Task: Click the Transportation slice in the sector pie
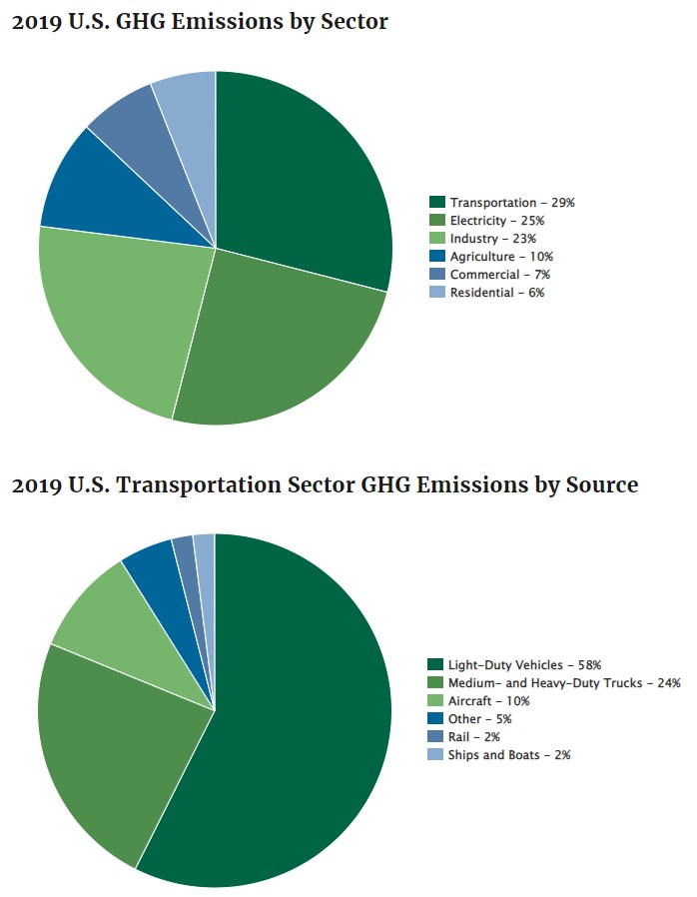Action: [x=300, y=180]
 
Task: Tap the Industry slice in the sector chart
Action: [x=120, y=310]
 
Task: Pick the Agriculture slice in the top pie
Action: [x=95, y=195]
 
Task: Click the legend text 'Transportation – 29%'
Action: [x=511, y=203]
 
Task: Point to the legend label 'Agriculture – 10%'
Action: [x=499, y=257]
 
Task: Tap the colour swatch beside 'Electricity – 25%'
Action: [x=436, y=221]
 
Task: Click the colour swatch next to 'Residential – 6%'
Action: [x=436, y=293]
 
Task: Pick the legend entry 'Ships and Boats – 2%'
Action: [x=508, y=755]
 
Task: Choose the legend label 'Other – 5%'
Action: [x=480, y=719]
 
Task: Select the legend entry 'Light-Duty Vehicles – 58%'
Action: [x=524, y=665]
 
